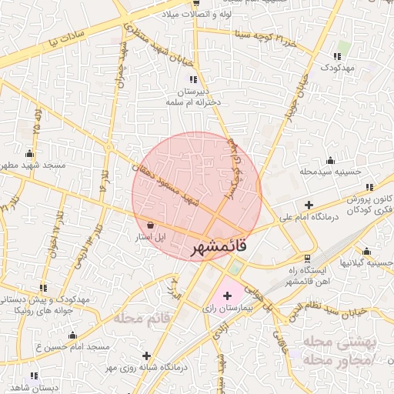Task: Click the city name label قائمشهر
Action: [218, 248]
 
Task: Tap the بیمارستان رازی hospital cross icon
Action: [227, 295]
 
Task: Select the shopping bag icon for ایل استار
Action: [149, 225]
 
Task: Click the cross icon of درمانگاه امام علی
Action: [309, 205]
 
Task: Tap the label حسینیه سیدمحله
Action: [330, 171]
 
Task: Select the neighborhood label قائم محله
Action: [142, 317]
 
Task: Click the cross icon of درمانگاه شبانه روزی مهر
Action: [147, 355]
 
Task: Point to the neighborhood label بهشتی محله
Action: [338, 341]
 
